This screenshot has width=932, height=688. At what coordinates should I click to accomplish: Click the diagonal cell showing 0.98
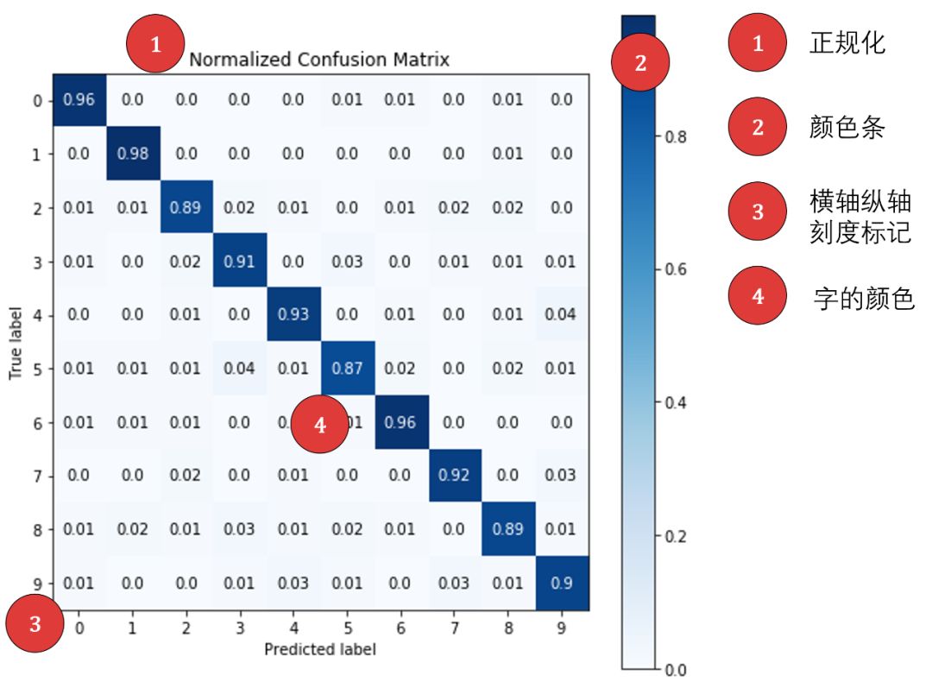[132, 154]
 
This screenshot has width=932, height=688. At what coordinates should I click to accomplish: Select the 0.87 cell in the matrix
[347, 369]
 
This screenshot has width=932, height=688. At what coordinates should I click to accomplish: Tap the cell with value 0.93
[293, 315]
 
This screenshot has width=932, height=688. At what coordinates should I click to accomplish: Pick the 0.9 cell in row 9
[562, 583]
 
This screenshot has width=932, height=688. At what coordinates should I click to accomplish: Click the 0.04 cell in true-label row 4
[562, 315]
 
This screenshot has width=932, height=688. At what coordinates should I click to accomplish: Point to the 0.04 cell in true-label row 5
[239, 369]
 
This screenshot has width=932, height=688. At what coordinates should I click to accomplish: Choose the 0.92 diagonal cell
[454, 476]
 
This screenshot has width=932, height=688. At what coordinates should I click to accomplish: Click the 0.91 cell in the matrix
[239, 262]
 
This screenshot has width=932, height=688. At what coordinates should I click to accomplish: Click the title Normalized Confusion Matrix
[319, 60]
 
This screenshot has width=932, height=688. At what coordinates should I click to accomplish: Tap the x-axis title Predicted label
[319, 649]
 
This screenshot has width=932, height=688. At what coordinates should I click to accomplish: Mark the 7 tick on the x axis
[454, 628]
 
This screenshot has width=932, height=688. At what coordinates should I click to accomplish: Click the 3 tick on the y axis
[36, 262]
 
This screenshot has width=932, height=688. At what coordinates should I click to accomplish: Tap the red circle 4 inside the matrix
[320, 425]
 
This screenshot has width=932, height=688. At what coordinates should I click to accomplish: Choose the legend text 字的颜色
[864, 298]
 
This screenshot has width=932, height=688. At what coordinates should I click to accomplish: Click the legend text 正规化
[847, 43]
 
